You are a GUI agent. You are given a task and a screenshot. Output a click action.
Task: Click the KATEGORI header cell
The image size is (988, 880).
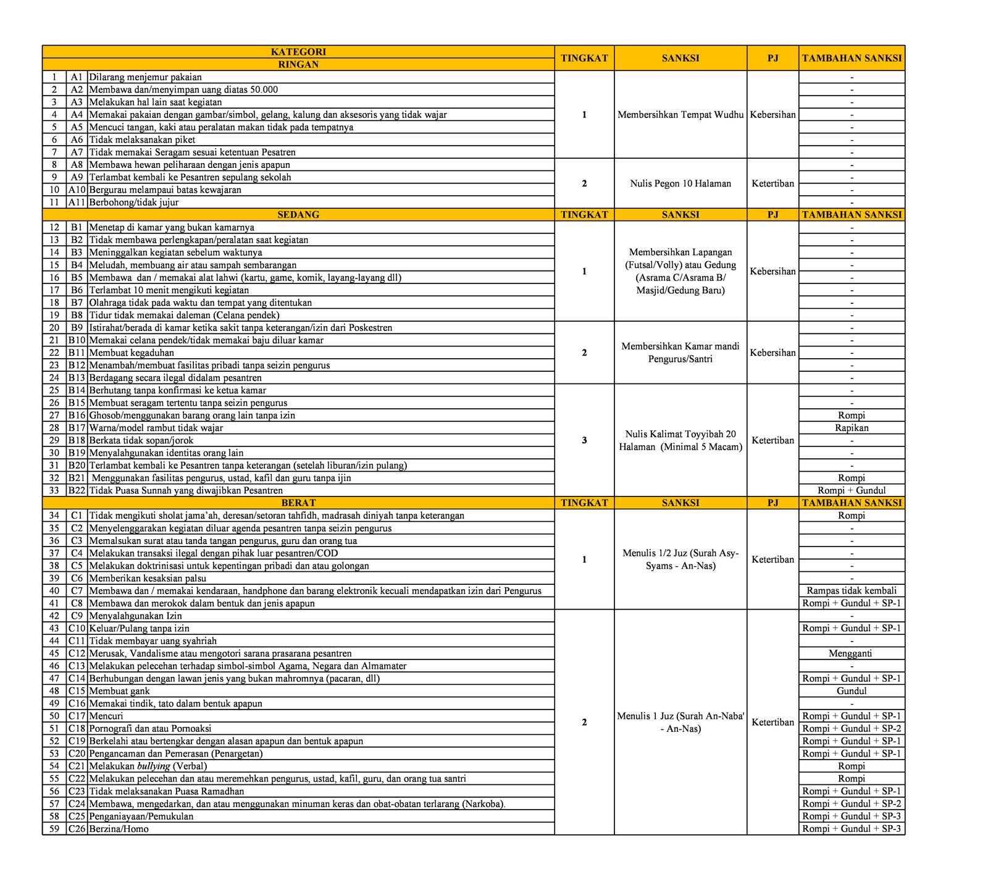click(x=298, y=52)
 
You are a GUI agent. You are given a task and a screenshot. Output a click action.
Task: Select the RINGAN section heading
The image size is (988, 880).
click(x=298, y=64)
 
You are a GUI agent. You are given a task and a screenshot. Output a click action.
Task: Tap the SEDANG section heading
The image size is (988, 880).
click(x=298, y=215)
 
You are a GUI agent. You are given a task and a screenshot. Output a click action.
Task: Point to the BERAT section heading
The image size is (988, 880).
click(x=298, y=503)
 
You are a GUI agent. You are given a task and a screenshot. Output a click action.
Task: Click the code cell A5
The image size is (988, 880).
click(x=77, y=127)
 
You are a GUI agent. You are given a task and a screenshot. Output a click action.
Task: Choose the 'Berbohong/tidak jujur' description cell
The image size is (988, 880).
click(x=134, y=203)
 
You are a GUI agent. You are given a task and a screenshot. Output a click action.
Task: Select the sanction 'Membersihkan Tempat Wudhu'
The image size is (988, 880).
click(x=680, y=115)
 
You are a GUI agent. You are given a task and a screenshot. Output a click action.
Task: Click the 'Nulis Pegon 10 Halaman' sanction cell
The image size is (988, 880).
click(x=680, y=183)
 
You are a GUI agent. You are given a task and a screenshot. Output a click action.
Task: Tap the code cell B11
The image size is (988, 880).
click(x=77, y=353)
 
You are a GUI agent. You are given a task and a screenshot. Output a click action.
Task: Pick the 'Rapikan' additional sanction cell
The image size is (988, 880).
click(x=852, y=428)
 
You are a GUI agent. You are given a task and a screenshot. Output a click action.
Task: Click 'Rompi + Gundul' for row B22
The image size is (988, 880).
click(x=852, y=490)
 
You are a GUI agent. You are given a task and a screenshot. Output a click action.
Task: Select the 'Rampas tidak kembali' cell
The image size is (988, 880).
click(x=852, y=590)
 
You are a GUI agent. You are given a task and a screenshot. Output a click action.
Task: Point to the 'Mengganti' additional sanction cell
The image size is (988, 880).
click(x=852, y=653)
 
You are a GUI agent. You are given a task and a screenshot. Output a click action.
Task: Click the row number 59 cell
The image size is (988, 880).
click(x=54, y=829)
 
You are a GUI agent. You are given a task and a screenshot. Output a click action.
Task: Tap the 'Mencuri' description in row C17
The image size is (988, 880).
click(x=106, y=716)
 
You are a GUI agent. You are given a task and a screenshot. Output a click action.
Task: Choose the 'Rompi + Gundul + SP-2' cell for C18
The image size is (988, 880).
click(x=852, y=729)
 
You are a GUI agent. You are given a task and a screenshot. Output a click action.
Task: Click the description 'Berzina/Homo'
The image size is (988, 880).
click(x=119, y=829)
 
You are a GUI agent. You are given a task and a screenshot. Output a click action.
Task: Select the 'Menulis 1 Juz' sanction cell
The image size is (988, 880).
click(x=680, y=723)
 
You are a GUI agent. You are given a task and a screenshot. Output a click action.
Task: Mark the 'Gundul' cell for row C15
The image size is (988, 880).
click(x=852, y=691)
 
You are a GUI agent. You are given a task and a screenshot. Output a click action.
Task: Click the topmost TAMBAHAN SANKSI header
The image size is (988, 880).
click(x=852, y=58)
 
